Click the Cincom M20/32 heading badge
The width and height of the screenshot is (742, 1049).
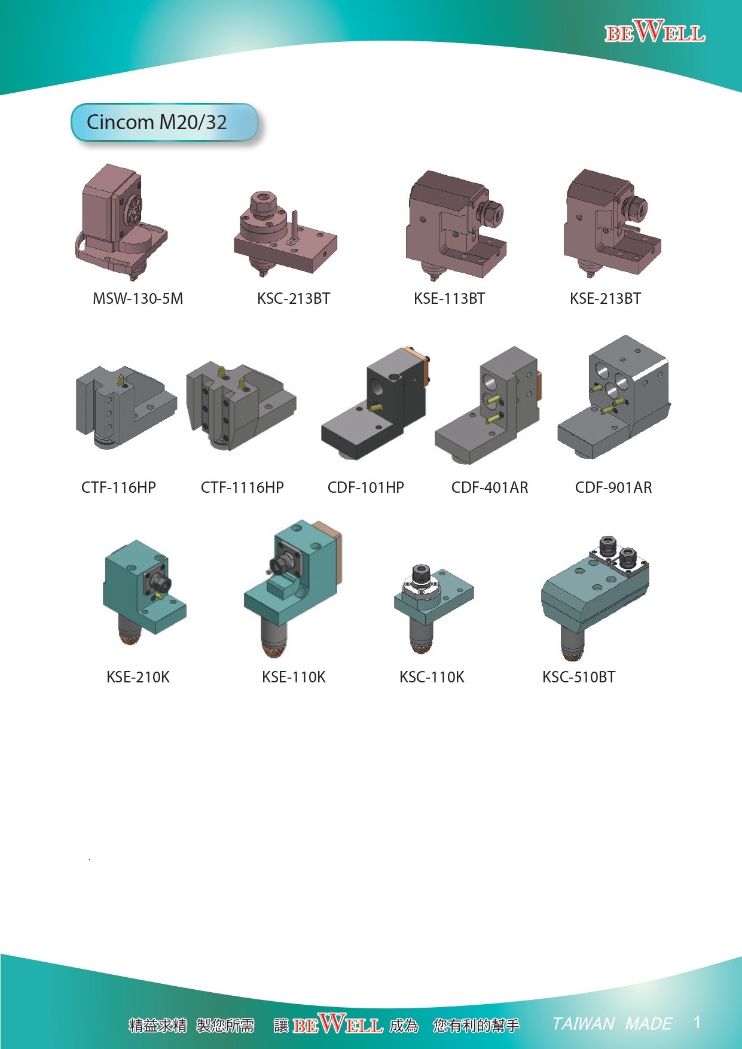164,123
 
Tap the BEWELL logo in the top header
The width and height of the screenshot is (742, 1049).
655,31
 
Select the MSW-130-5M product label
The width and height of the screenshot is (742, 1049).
138,298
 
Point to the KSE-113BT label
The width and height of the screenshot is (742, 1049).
449,298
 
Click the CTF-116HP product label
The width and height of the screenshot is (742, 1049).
118,487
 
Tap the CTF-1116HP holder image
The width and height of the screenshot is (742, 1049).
240,405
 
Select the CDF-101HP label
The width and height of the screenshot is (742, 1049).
366,487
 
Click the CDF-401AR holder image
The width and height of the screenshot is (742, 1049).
488,405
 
